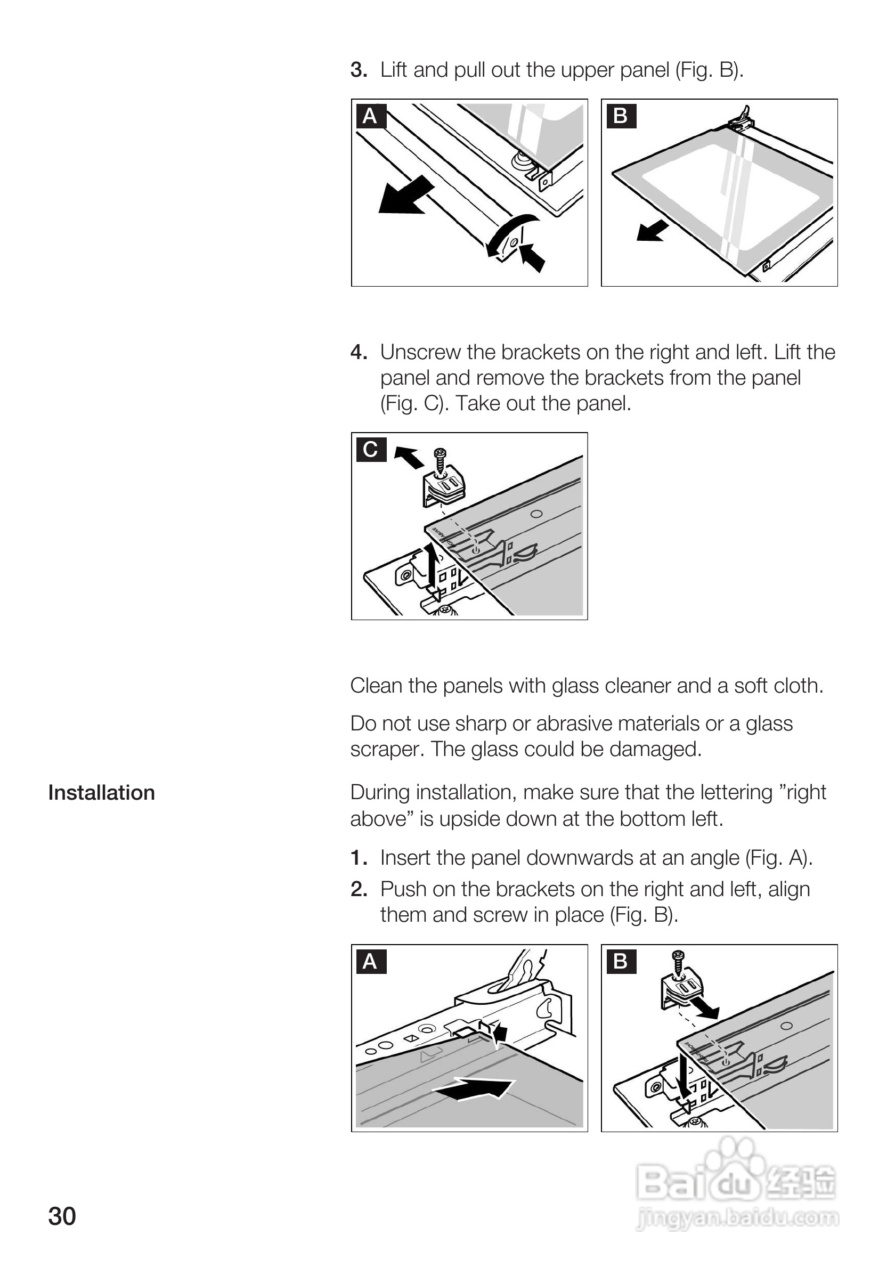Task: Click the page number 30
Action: [62, 1217]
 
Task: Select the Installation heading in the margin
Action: [102, 793]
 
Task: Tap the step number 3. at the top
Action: [359, 70]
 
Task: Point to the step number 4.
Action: [359, 352]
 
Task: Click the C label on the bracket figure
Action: [370, 449]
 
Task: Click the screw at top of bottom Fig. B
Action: [678, 961]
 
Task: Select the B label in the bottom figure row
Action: [621, 962]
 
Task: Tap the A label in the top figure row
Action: [370, 116]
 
